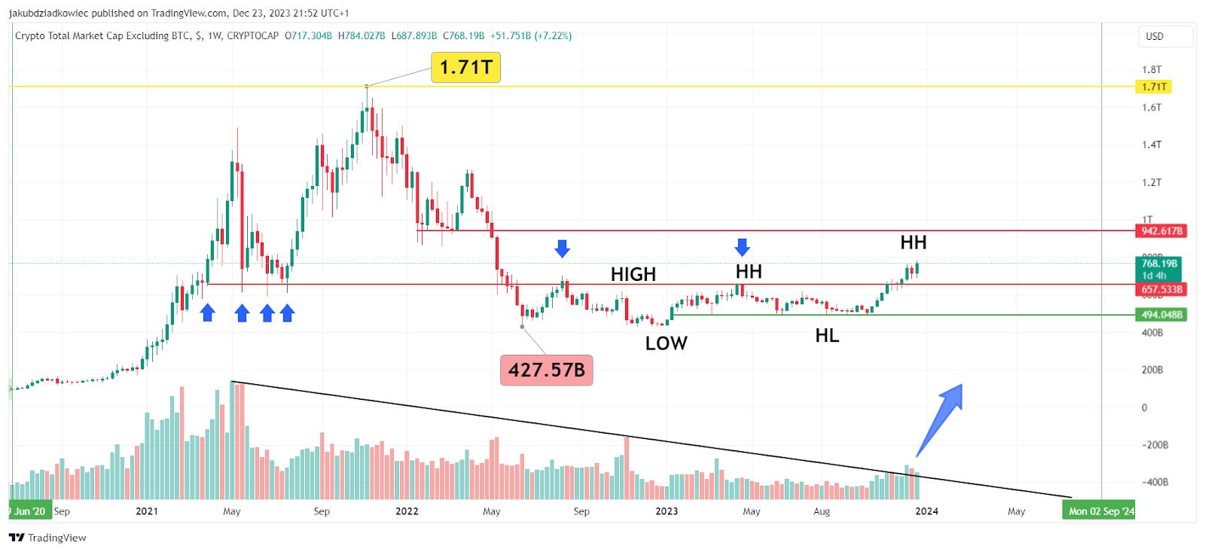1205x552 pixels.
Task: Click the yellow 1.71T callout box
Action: click(465, 67)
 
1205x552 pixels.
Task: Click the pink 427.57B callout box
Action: click(546, 370)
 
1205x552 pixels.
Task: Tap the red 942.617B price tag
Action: click(1161, 231)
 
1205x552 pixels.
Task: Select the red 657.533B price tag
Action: click(1161, 289)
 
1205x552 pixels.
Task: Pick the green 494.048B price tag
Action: click(1161, 315)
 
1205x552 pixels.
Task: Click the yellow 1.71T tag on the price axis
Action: click(1153, 87)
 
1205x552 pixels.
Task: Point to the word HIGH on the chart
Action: click(633, 274)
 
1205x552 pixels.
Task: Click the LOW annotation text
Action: click(666, 343)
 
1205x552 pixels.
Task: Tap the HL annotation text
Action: click(827, 336)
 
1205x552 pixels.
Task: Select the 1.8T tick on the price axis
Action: click(1152, 69)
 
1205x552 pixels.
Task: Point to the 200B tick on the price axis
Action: click(1152, 370)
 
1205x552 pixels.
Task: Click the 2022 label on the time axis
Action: click(407, 511)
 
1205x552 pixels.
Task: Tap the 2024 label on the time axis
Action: click(926, 511)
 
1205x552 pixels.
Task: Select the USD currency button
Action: click(1155, 36)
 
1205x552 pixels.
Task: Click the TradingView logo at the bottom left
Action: click(47, 538)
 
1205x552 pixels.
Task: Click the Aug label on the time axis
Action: click(822, 511)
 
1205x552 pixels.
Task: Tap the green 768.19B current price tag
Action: click(1158, 269)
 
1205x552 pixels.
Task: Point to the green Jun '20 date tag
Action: click(30, 511)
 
